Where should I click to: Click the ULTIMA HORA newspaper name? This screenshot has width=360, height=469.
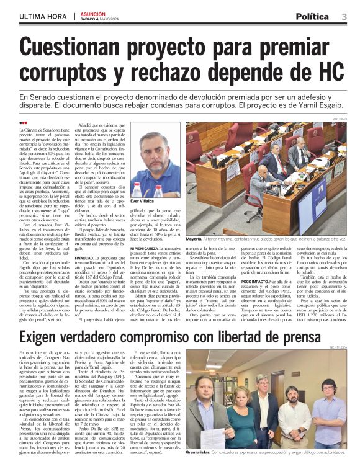[43, 17]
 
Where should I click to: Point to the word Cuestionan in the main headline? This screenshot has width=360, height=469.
[82, 48]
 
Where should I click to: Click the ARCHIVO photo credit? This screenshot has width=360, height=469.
[340, 118]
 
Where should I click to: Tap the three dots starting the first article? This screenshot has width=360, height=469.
[24, 122]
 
